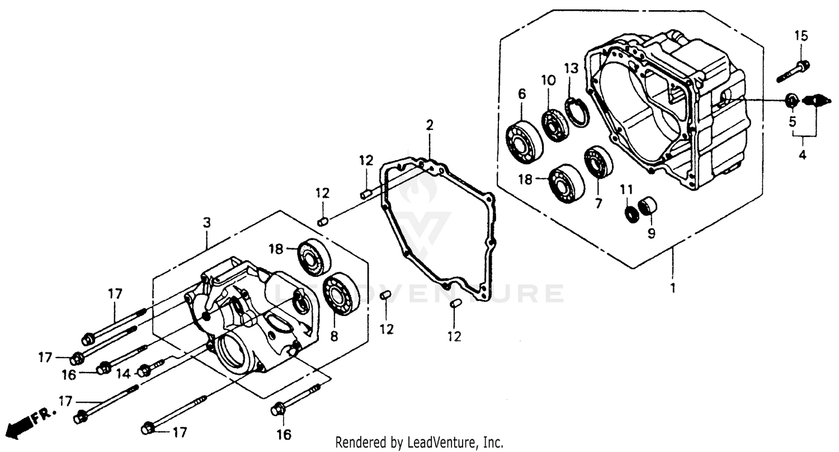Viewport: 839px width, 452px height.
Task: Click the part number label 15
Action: (802, 36)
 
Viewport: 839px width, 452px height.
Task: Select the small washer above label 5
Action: (791, 101)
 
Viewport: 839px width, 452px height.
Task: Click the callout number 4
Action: (802, 155)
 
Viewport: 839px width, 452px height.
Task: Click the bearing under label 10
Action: (554, 125)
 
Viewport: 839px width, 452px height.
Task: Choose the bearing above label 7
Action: (598, 162)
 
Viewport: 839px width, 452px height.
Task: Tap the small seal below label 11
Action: (631, 213)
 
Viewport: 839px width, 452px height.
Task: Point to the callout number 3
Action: (207, 223)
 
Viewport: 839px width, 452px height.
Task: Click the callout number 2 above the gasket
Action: (429, 125)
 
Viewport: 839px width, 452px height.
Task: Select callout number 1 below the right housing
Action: (673, 289)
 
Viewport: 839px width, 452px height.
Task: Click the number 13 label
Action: (571, 69)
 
